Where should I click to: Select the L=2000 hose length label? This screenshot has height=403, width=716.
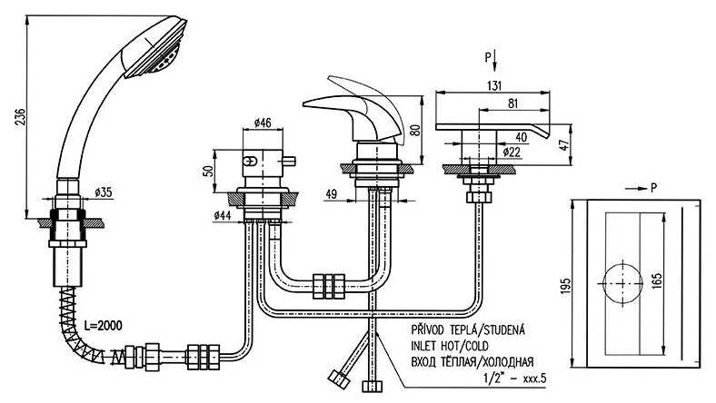101,324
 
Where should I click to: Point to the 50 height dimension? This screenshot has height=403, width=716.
208,171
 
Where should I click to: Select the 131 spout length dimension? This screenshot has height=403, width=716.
494,85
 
